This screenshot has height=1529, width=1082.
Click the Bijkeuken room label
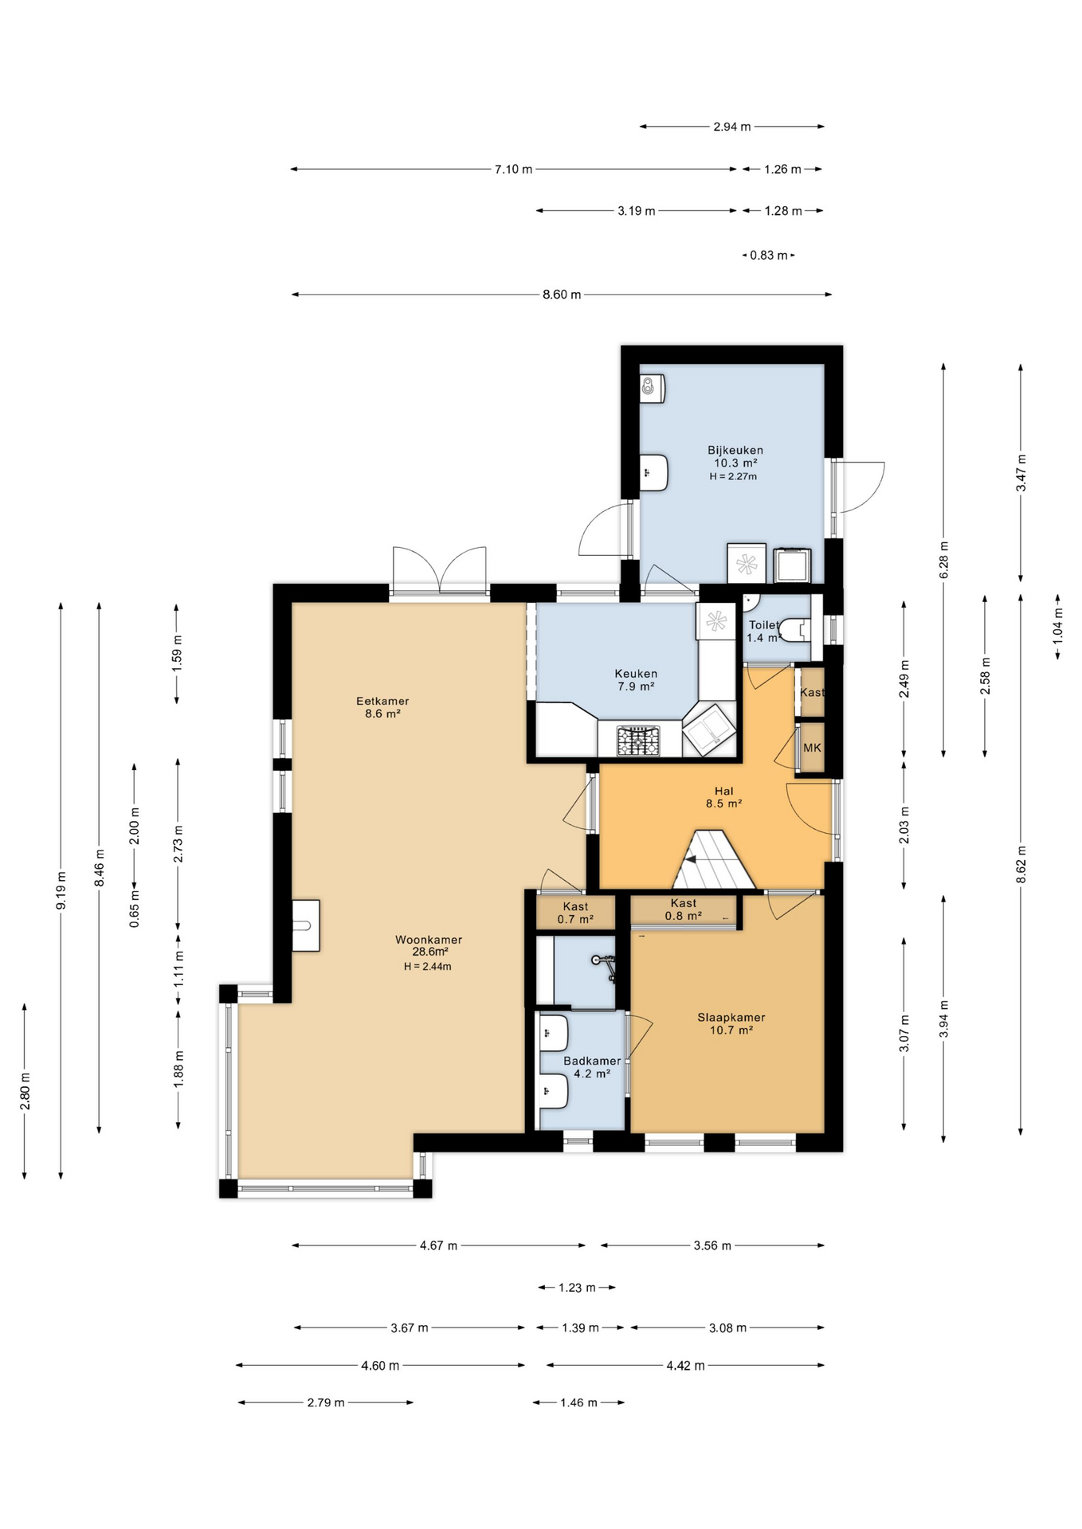coord(735,450)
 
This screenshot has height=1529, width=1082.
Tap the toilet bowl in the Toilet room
coord(794,630)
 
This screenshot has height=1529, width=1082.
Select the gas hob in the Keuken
coord(639,740)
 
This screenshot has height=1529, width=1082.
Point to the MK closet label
coord(812,748)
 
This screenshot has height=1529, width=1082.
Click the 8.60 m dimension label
coord(562,295)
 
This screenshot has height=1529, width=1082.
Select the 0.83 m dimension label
coord(768,256)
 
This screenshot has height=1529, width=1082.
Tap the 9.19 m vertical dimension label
coord(61,890)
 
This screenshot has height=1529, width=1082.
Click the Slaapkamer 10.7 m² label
coord(731,1023)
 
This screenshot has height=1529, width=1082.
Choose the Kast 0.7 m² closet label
coord(575,913)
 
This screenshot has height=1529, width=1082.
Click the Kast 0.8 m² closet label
coord(683,909)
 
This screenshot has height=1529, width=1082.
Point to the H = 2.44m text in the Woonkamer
coord(427,967)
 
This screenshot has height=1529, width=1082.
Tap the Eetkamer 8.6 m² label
coord(382,707)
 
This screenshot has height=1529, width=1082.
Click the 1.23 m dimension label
coord(577,1288)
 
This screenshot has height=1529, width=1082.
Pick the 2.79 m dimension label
coord(326,1402)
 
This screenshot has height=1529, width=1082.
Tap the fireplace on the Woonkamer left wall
coord(305,925)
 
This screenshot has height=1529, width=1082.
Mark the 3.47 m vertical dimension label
coord(1021,472)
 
